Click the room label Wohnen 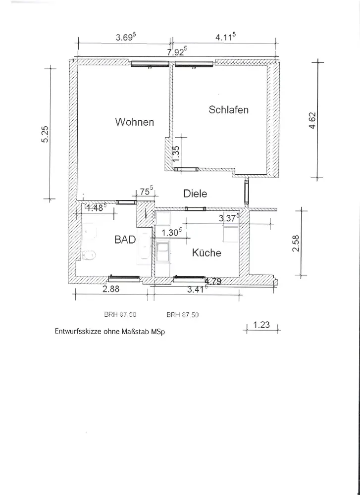(x=134, y=122)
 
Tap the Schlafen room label (x=228, y=110)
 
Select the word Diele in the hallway (x=195, y=194)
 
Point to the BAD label (x=125, y=240)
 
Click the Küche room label (x=206, y=252)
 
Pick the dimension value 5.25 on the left (x=45, y=134)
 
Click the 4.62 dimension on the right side (x=312, y=121)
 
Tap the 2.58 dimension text (x=296, y=243)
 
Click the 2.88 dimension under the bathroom (x=112, y=290)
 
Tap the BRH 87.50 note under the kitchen (x=183, y=314)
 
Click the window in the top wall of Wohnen (x=144, y=64)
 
